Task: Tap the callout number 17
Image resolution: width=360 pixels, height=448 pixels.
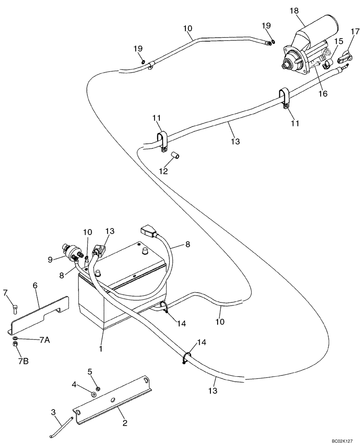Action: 355,32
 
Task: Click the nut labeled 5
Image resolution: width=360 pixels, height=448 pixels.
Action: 99,388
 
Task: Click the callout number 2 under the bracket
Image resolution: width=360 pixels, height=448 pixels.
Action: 124,423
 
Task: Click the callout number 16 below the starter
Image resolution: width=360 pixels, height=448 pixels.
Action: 323,94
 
